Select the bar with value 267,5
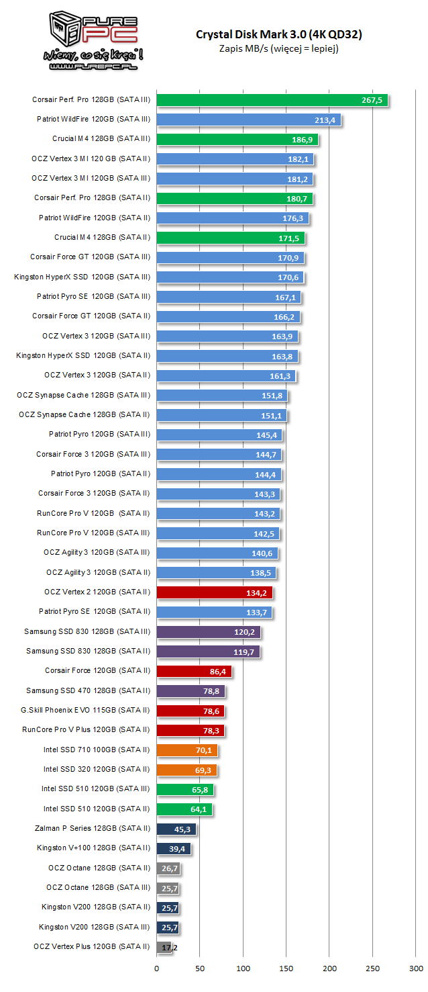[272, 100]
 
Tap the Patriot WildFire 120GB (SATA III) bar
[248, 120]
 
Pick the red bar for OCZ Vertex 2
[214, 592]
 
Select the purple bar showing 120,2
[208, 631]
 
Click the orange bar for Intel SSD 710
[186, 750]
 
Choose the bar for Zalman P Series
[176, 828]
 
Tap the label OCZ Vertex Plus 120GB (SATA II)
[91, 946]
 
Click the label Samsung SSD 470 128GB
[88, 690]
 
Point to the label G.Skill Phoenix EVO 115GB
[85, 710]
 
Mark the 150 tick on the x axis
[286, 968]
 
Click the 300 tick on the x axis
[415, 968]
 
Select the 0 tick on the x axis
[156, 968]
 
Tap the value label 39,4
[178, 848]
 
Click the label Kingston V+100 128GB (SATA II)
[93, 848]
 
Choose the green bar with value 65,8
[184, 789]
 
